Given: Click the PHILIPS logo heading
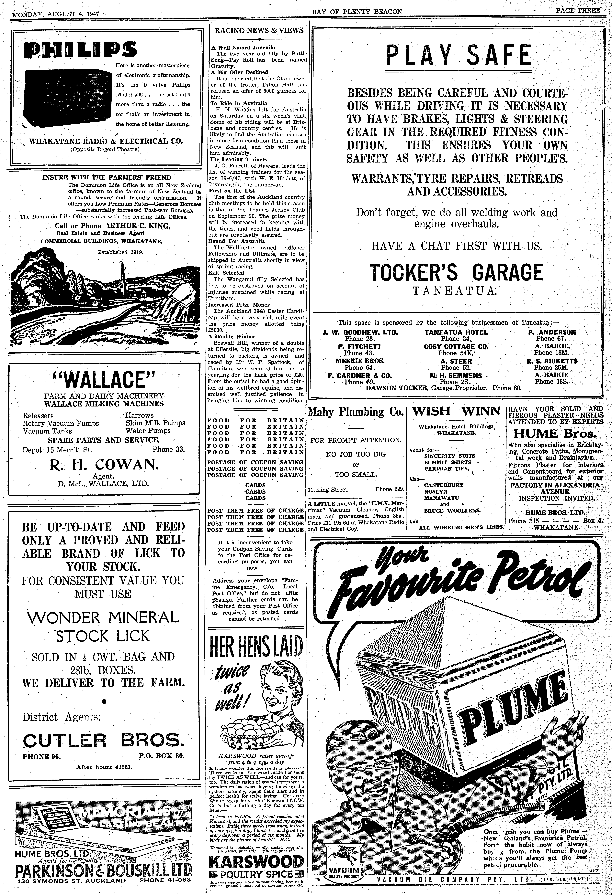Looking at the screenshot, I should [80, 50].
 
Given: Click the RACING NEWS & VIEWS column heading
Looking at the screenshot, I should [259, 30].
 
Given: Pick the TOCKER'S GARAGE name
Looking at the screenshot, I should [456, 273].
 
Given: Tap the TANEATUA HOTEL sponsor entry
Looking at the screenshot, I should [456, 332].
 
